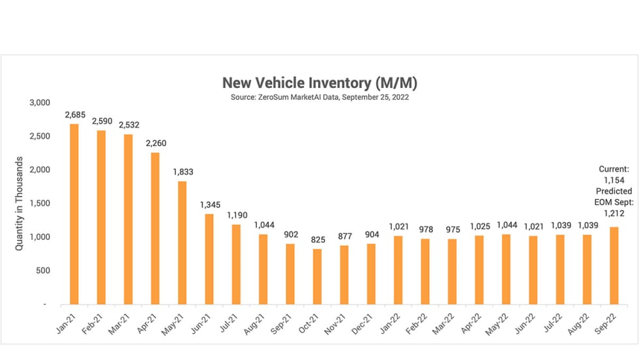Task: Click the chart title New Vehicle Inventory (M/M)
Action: pyautogui.click(x=319, y=83)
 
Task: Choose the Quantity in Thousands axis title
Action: pyautogui.click(x=20, y=203)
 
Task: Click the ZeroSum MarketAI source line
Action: pyautogui.click(x=319, y=97)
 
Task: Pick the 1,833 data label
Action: pyautogui.click(x=183, y=172)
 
